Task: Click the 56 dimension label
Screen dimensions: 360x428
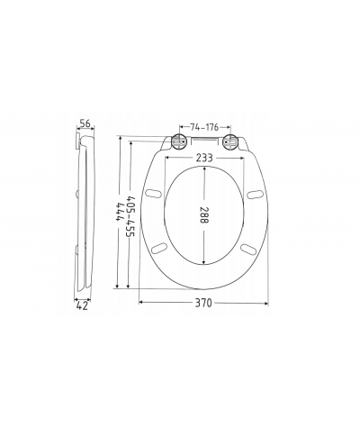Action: (x=85, y=123)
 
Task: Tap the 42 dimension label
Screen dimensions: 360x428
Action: (x=82, y=306)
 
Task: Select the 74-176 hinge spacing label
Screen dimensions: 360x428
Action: (x=204, y=127)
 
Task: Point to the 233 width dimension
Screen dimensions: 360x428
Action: (x=204, y=158)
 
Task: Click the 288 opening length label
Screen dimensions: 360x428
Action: (x=204, y=214)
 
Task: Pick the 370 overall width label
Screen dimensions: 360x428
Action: (x=203, y=303)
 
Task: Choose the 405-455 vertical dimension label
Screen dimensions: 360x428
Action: (x=130, y=215)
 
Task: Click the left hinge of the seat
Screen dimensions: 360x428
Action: (x=179, y=141)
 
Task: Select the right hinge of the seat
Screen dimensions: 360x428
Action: (x=229, y=141)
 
